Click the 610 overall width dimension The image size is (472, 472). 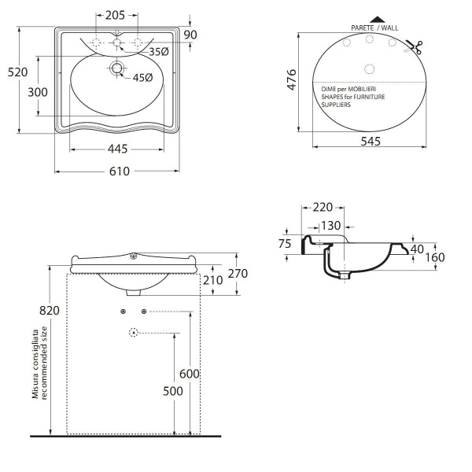click(x=120, y=171)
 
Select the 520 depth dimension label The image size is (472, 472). click(x=17, y=72)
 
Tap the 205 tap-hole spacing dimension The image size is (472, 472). click(x=115, y=16)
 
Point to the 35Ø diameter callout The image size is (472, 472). click(x=159, y=52)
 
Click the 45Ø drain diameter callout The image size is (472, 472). click(x=142, y=78)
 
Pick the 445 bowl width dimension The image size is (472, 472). click(x=117, y=149)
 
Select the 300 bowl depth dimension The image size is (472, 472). click(x=38, y=92)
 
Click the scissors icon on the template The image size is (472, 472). click(x=415, y=47)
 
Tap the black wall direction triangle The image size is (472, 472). click(x=377, y=20)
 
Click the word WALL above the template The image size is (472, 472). click(x=390, y=28)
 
